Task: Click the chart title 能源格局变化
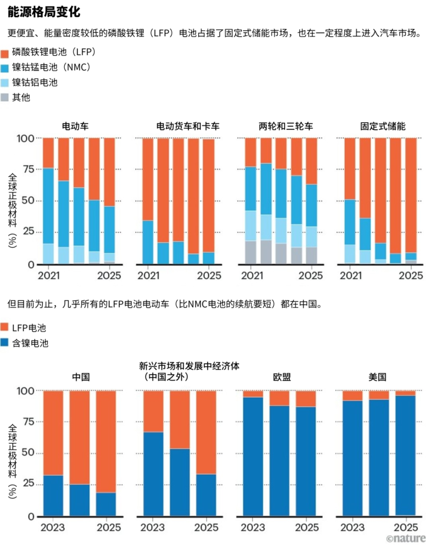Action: pyautogui.click(x=44, y=12)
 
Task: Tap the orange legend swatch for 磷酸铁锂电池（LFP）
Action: pyautogui.click(x=5, y=54)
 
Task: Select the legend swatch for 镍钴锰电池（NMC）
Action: pyautogui.click(x=5, y=68)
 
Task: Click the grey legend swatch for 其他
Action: pyautogui.click(x=5, y=97)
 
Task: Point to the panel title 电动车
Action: pyautogui.click(x=75, y=126)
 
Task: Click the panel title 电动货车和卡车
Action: pyautogui.click(x=188, y=126)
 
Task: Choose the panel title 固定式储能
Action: pyautogui.click(x=383, y=126)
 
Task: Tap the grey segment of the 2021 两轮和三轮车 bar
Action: pyautogui.click(x=251, y=252)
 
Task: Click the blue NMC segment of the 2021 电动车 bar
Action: pyautogui.click(x=48, y=206)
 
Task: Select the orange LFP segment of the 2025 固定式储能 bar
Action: pyautogui.click(x=411, y=195)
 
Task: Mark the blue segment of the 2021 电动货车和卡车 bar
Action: pyautogui.click(x=148, y=242)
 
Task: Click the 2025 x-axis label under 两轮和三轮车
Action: pyautogui.click(x=311, y=276)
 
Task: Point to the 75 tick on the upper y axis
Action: pyautogui.click(x=28, y=169)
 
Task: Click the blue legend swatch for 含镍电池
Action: pyautogui.click(x=4, y=342)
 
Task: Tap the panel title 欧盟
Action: pyautogui.click(x=282, y=377)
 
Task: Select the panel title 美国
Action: pyautogui.click(x=377, y=377)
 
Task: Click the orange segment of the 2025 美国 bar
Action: pyautogui.click(x=405, y=393)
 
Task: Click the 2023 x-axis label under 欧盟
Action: pyautogui.click(x=253, y=527)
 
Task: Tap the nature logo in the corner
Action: pyautogui.click(x=406, y=539)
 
